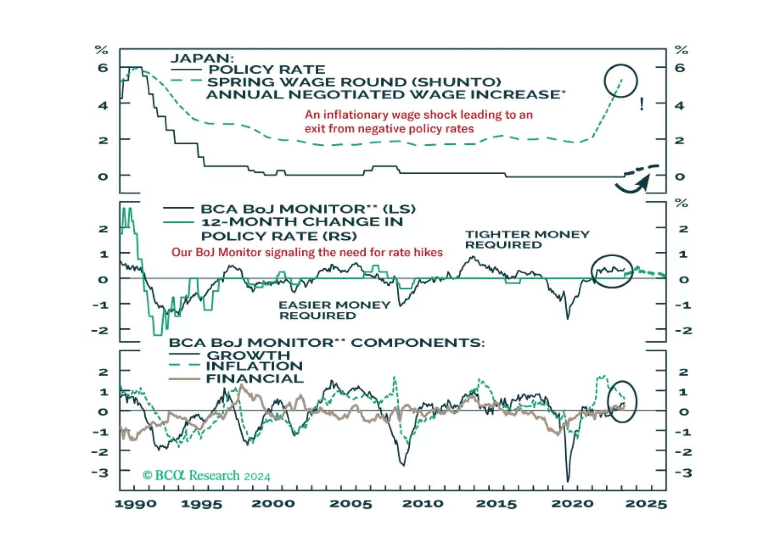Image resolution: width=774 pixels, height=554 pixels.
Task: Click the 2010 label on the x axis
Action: (x=422, y=504)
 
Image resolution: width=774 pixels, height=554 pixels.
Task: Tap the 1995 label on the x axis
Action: (x=201, y=504)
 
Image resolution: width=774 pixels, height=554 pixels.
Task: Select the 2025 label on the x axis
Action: (x=646, y=504)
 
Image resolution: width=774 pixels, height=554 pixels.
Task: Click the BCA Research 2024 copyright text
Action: (x=206, y=476)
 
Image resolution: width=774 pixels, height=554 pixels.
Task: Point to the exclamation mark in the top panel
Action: (x=642, y=104)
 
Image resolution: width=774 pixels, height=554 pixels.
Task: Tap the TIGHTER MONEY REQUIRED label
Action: (x=527, y=239)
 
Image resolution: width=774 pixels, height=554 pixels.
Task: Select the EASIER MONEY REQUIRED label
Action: (x=334, y=310)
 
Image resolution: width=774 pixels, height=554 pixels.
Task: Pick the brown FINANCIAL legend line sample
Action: (x=184, y=379)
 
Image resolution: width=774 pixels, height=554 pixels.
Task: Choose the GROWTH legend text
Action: (x=248, y=355)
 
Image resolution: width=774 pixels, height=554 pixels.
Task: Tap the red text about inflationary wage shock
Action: (x=418, y=122)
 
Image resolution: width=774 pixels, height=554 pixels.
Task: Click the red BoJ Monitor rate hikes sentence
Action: (x=307, y=252)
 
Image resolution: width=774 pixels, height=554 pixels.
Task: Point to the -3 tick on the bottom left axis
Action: (x=101, y=472)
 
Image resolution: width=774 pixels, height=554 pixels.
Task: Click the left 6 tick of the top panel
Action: (x=103, y=68)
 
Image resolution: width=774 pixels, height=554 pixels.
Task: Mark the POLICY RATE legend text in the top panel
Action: (x=267, y=70)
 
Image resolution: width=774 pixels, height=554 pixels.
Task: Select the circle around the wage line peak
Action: (x=620, y=81)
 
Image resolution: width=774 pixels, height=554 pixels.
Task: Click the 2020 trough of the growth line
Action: (x=568, y=479)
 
